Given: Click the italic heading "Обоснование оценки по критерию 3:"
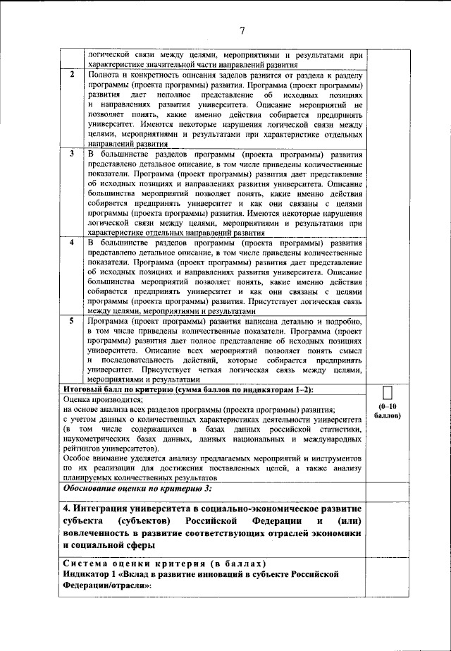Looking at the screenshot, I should pos(138,488).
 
